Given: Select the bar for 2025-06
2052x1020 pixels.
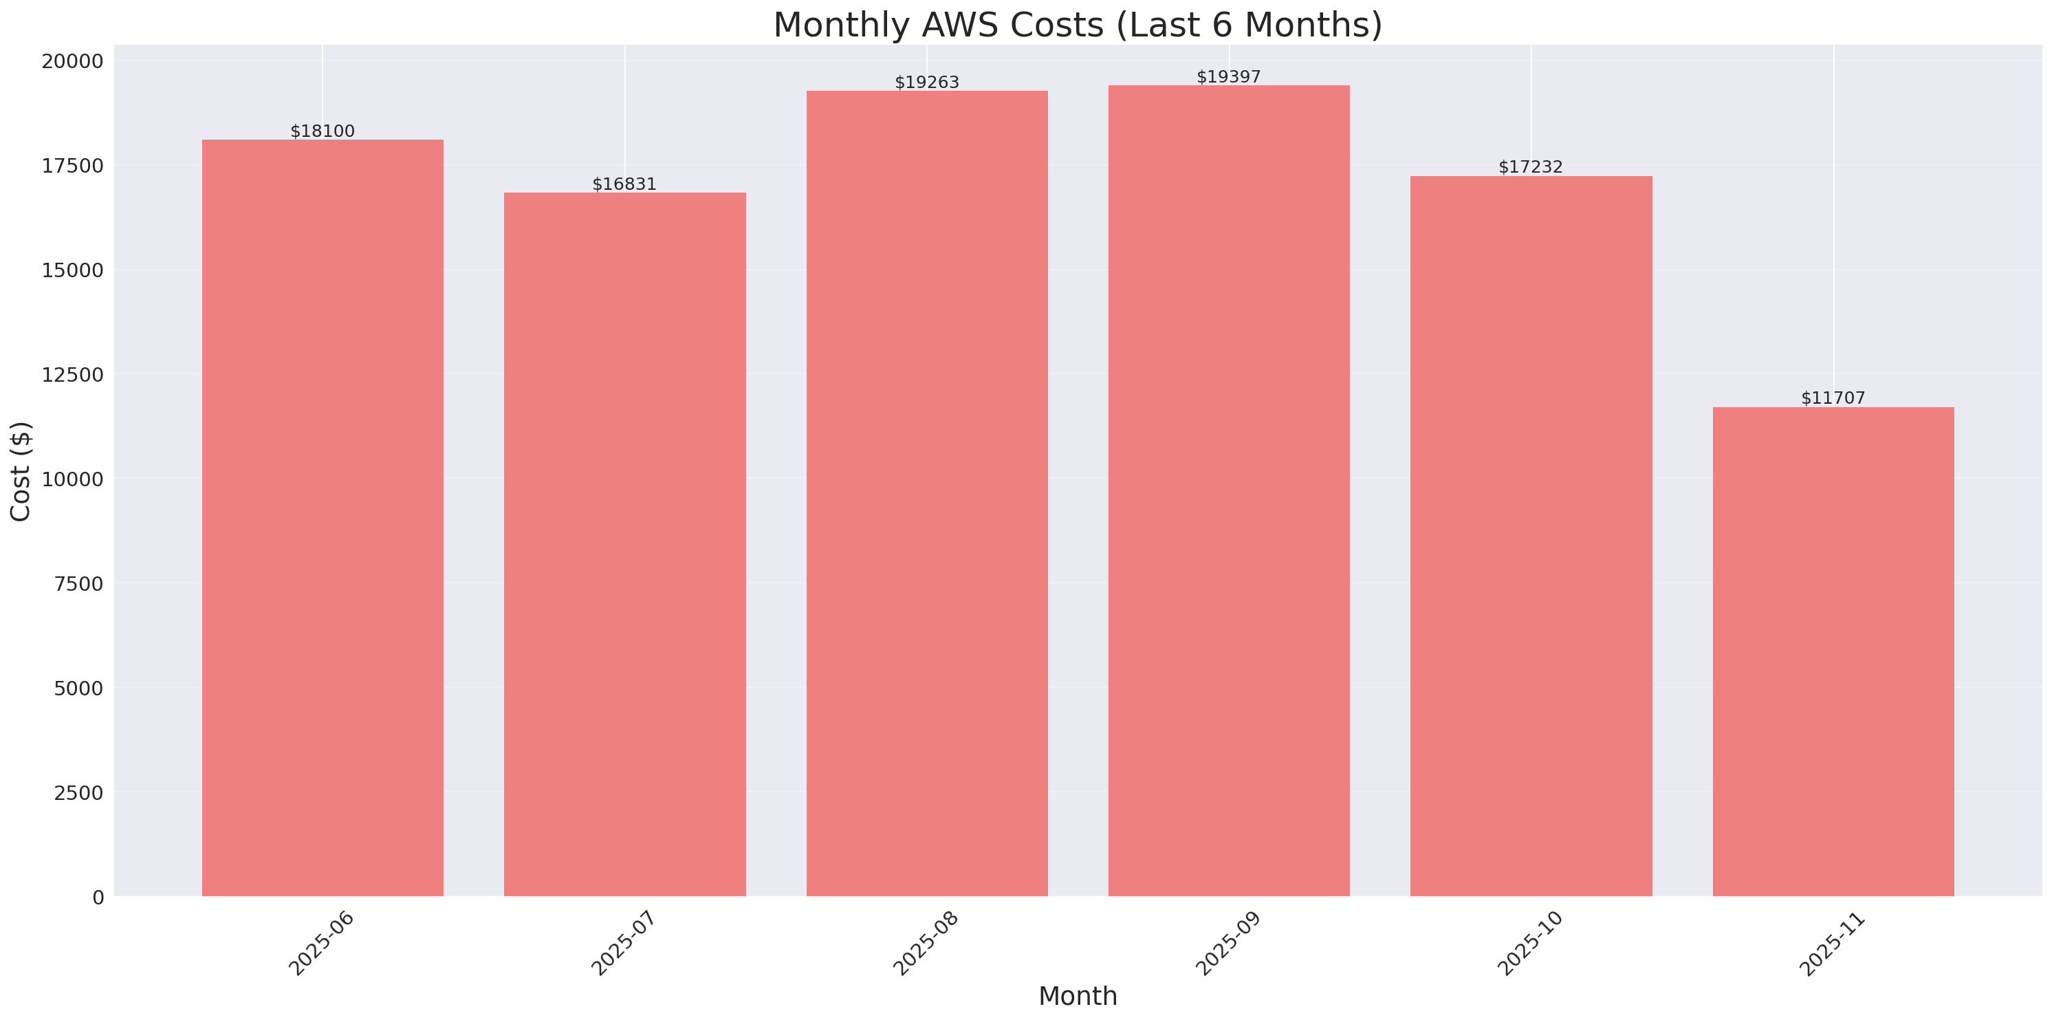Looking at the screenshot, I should (323, 518).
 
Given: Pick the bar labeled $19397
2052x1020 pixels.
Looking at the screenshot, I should (1228, 491).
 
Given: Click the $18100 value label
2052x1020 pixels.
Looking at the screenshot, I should (323, 131).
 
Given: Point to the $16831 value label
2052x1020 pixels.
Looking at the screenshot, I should (624, 184).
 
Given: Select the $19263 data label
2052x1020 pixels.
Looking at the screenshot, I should (926, 82).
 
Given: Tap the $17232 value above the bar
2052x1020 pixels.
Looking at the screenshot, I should (1530, 166).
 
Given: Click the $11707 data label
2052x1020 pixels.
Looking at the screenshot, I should (1833, 398).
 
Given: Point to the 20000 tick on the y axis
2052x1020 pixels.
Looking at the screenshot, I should (72, 61).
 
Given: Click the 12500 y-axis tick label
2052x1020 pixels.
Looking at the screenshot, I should (72, 375).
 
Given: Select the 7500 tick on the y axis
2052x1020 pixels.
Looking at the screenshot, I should (78, 584).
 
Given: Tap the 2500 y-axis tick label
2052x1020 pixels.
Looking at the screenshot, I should (78, 793).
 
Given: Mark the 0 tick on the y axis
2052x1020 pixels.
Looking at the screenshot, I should (98, 898).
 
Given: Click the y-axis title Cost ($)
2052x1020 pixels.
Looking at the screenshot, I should (21, 471).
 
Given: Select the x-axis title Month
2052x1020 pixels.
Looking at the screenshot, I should (1078, 996).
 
